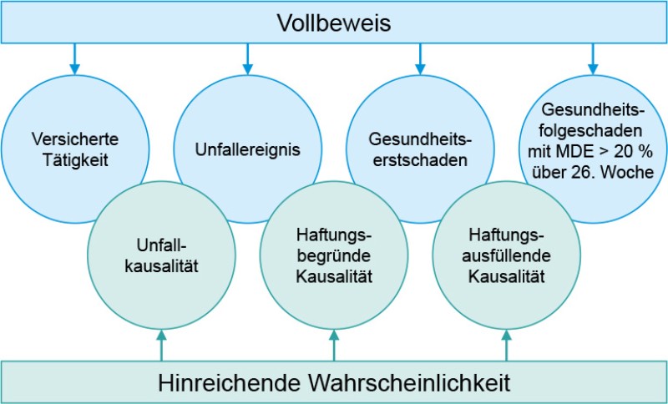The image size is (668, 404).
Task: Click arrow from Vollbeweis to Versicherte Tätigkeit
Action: click(74, 57)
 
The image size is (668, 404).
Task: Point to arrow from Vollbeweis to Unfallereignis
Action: click(247, 57)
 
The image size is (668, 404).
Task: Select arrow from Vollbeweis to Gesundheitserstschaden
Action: click(420, 57)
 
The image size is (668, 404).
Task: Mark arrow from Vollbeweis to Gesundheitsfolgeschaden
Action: click(593, 57)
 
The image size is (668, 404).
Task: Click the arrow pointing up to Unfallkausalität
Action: click(161, 345)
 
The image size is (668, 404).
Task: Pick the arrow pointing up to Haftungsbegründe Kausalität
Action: click(333, 345)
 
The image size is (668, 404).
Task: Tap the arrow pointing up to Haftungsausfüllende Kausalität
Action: click(506, 345)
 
